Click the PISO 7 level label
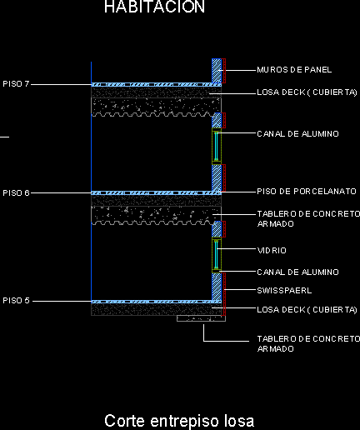pyautogui.click(x=16, y=83)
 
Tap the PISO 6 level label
pyautogui.click(x=16, y=192)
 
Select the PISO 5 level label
pyautogui.click(x=16, y=301)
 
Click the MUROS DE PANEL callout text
pyautogui.click(x=294, y=70)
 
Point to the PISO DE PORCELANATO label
pyautogui.click(x=307, y=192)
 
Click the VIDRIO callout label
pyautogui.click(x=272, y=251)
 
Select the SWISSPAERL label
pyautogui.click(x=284, y=291)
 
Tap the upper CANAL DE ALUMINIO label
pyautogui.click(x=297, y=134)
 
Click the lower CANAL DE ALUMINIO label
pyautogui.click(x=297, y=272)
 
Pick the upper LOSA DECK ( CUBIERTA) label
pyautogui.click(x=307, y=92)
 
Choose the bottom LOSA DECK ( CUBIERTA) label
pyautogui.click(x=307, y=310)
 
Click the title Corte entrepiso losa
pyautogui.click(x=179, y=421)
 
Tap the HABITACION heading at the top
pyautogui.click(x=154, y=7)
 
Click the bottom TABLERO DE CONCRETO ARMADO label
pyautogui.click(x=308, y=344)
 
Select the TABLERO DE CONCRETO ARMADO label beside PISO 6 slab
pyautogui.click(x=308, y=219)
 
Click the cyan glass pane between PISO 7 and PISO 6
pyautogui.click(x=216, y=147)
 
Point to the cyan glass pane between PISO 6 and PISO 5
pyautogui.click(x=216, y=255)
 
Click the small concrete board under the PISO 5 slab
pyautogui.click(x=201, y=318)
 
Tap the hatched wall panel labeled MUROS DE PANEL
pyautogui.click(x=217, y=71)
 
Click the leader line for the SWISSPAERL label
pyautogui.click(x=240, y=290)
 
